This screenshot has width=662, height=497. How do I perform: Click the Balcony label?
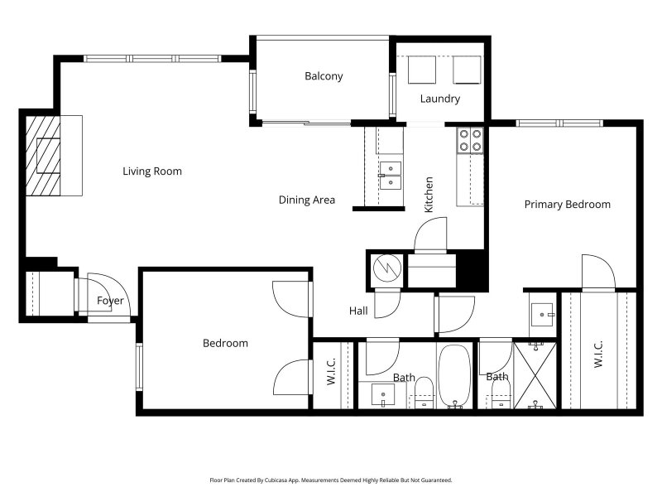click(x=324, y=76)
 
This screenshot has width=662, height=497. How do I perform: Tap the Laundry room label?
click(x=440, y=99)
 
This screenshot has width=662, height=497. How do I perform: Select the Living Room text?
click(x=152, y=171)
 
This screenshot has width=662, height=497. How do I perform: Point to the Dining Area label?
click(x=307, y=200)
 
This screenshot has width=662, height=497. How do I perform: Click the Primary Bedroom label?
click(x=568, y=204)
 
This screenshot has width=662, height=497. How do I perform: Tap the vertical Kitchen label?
click(x=429, y=195)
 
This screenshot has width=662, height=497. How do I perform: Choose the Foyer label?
click(x=110, y=301)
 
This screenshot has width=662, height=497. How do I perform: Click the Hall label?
click(x=358, y=311)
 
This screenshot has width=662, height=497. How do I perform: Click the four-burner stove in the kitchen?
click(x=470, y=140)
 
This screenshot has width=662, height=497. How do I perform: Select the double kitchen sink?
click(x=391, y=175)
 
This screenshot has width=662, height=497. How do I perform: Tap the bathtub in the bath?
click(x=454, y=376)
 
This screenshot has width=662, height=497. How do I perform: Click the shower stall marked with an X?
click(x=535, y=375)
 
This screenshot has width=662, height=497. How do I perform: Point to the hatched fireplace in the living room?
click(x=43, y=156)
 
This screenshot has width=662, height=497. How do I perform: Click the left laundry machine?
click(x=422, y=70)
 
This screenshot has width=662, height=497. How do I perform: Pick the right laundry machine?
click(x=467, y=70)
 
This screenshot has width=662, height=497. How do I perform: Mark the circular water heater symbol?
click(x=387, y=268)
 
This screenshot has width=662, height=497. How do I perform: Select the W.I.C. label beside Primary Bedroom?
click(x=598, y=355)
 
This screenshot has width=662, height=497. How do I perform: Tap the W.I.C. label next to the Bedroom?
click(x=332, y=371)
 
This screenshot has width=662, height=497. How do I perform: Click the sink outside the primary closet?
click(x=542, y=314)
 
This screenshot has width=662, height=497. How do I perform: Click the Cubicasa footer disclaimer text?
click(x=331, y=480)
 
